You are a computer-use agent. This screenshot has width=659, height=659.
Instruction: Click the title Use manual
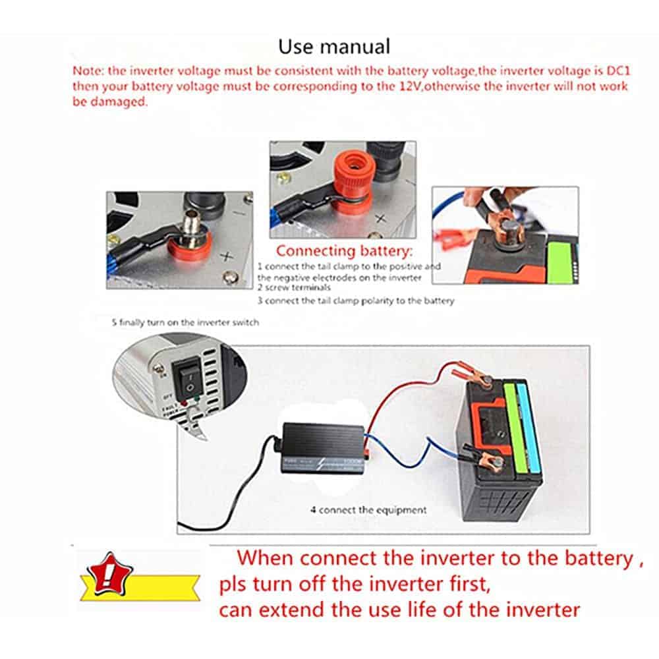333,47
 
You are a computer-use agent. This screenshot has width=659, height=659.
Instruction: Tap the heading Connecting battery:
344,251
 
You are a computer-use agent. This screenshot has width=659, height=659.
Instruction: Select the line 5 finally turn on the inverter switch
185,323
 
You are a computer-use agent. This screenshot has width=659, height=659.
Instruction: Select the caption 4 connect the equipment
368,509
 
